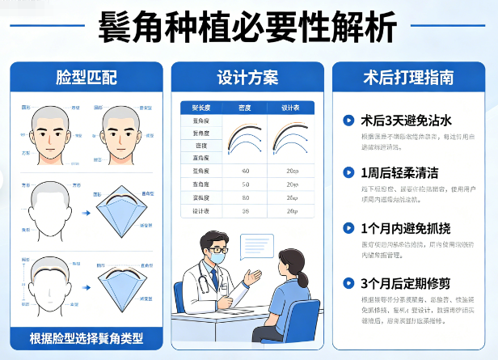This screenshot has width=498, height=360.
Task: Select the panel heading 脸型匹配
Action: coord(87,78)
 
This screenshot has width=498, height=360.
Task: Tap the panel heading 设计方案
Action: coord(247,78)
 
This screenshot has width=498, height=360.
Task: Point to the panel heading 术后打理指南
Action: coord(407,78)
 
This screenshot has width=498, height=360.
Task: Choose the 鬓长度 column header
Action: coord(201,107)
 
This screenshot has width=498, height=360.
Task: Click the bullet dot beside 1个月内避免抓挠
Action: coord(348,228)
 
